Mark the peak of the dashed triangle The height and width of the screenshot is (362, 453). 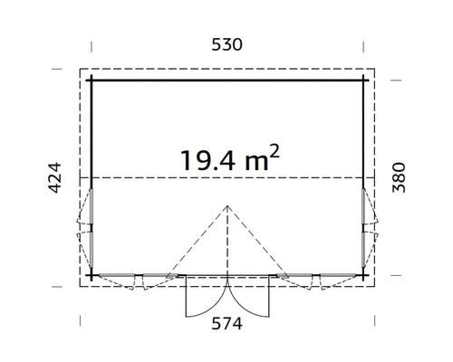pos(227,205)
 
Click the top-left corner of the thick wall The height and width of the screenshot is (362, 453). pos(92,81)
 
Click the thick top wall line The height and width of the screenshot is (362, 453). pos(227,81)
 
